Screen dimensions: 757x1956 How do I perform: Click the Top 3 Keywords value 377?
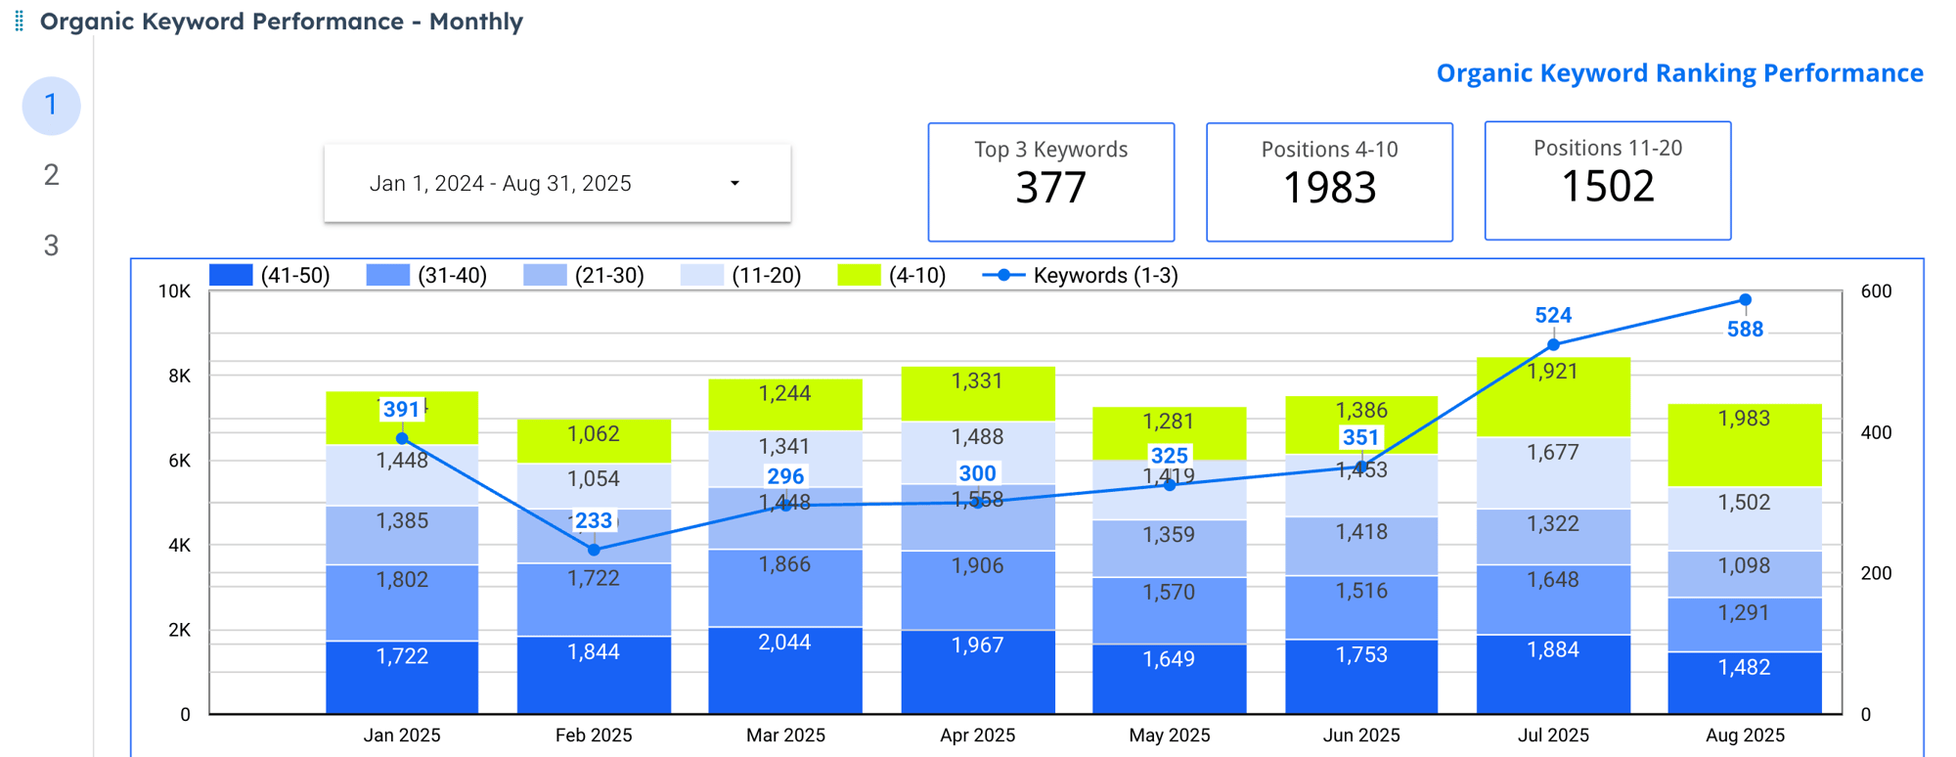coord(1050,188)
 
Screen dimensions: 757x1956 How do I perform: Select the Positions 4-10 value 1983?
coord(1329,188)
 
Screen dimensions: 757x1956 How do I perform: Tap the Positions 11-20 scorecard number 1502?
coord(1607,186)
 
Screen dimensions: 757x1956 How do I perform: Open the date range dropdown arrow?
coord(734,184)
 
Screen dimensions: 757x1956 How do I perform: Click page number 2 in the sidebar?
coord(51,175)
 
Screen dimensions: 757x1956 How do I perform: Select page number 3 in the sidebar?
coord(51,245)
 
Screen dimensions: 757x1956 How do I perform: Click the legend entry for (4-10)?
coord(892,276)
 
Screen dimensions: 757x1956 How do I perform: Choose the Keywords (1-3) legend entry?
coord(1081,276)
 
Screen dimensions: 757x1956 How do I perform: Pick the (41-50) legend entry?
coord(270,276)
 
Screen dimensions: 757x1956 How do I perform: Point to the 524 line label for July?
coord(1552,316)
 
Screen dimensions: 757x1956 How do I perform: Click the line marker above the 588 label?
coord(1745,300)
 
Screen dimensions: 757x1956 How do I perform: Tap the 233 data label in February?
coord(593,520)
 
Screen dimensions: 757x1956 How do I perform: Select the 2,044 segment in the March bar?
coord(784,643)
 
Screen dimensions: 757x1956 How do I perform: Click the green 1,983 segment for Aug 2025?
coord(1744,420)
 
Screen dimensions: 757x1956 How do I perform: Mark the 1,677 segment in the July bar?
coord(1552,453)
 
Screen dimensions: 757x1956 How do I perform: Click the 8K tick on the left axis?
coord(179,376)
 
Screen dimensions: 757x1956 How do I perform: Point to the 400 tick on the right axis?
coord(1875,432)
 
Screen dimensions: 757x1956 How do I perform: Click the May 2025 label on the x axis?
coord(1169,735)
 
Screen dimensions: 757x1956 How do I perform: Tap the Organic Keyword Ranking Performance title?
coord(1678,73)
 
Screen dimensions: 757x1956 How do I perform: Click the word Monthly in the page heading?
coord(475,22)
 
